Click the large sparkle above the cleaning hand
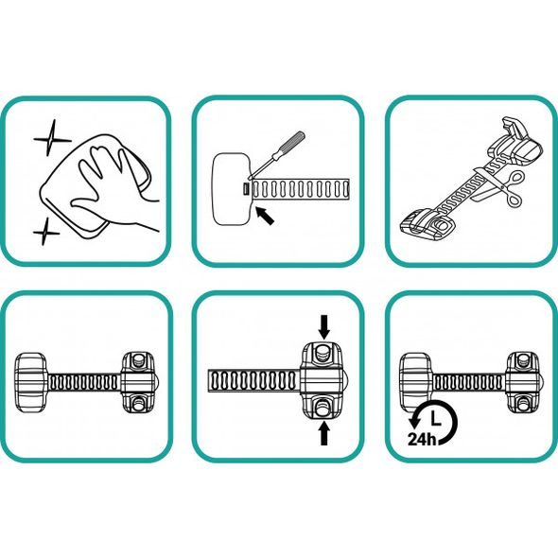pyautogui.click(x=52, y=139)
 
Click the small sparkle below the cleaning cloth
pyautogui.click(x=45, y=232)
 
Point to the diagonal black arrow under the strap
pyautogui.click(x=265, y=216)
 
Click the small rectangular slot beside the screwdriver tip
pyautogui.click(x=246, y=188)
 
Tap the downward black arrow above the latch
pyautogui.click(x=323, y=326)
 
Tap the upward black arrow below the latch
pyautogui.click(x=323, y=432)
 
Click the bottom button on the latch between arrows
pyautogui.click(x=323, y=407)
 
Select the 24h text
pyautogui.click(x=422, y=440)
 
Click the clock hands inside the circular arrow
pyautogui.click(x=435, y=418)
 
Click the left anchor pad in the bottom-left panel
pyautogui.click(x=31, y=382)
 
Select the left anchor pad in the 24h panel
pyautogui.click(x=415, y=382)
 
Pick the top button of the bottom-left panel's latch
pyautogui.click(x=138, y=360)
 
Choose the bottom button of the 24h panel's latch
pyautogui.click(x=523, y=404)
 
